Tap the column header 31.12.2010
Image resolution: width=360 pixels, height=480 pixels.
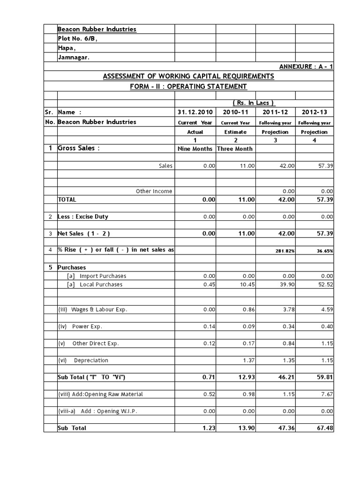click(195, 112)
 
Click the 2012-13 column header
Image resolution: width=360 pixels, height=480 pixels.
click(314, 112)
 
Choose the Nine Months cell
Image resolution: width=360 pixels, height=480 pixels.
click(195, 149)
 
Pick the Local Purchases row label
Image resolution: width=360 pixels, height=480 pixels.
click(101, 285)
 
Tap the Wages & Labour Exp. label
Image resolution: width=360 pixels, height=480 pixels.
click(93, 309)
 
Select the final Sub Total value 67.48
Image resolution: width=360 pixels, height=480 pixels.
click(323, 428)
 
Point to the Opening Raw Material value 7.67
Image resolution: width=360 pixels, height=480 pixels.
click(326, 394)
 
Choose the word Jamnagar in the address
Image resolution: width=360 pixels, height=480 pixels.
click(74, 57)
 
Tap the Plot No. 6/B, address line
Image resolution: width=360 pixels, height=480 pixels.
click(77, 38)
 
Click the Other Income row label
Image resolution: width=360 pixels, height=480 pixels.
click(154, 191)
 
